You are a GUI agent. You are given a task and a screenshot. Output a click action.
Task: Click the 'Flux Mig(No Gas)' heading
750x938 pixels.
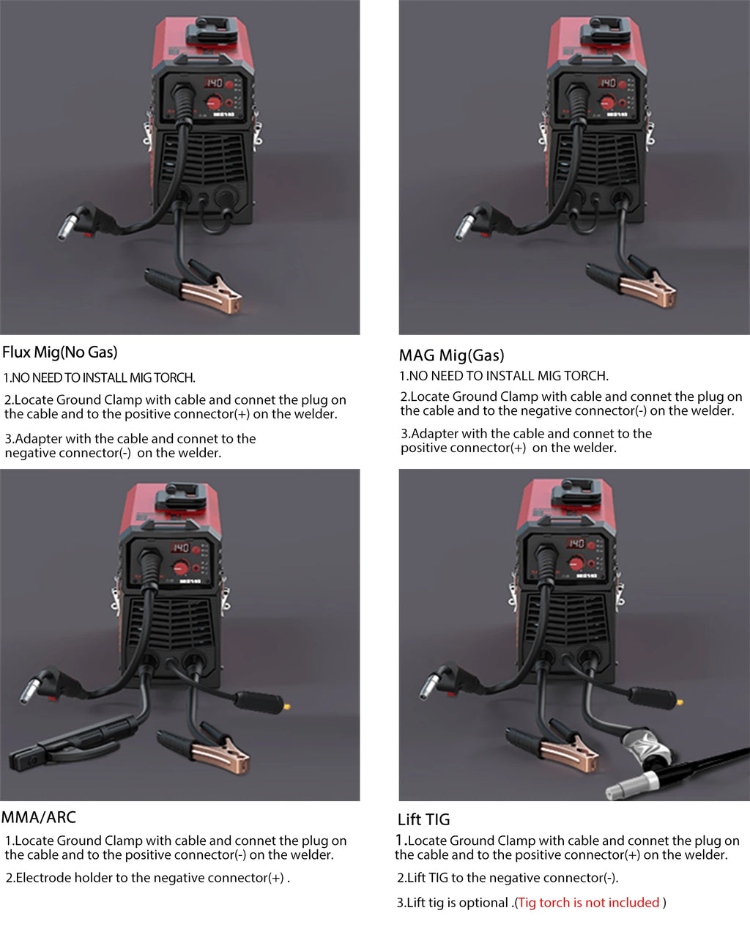pyautogui.click(x=60, y=352)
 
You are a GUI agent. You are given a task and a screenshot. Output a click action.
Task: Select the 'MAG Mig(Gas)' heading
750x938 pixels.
pyautogui.click(x=451, y=356)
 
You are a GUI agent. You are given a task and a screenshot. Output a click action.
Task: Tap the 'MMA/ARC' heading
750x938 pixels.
pyautogui.click(x=39, y=818)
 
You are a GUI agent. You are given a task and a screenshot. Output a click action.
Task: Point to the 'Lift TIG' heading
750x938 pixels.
pyautogui.click(x=423, y=820)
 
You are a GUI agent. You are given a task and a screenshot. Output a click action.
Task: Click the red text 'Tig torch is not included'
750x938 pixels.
pyautogui.click(x=589, y=903)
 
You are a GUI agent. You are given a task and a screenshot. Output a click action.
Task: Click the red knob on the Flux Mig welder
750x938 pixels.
pyautogui.click(x=214, y=102)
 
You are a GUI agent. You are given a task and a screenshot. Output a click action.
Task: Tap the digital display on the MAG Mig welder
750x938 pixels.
pyautogui.click(x=607, y=83)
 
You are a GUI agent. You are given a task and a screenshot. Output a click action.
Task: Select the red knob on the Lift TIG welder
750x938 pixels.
pyautogui.click(x=576, y=563)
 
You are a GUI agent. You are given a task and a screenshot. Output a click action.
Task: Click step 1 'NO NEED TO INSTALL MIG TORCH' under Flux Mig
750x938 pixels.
pyautogui.click(x=99, y=378)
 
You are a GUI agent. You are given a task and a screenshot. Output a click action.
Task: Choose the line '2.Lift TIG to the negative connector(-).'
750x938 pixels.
pyautogui.click(x=508, y=878)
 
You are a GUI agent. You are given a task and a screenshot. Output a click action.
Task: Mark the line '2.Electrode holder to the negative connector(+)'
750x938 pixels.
pyautogui.click(x=147, y=878)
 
